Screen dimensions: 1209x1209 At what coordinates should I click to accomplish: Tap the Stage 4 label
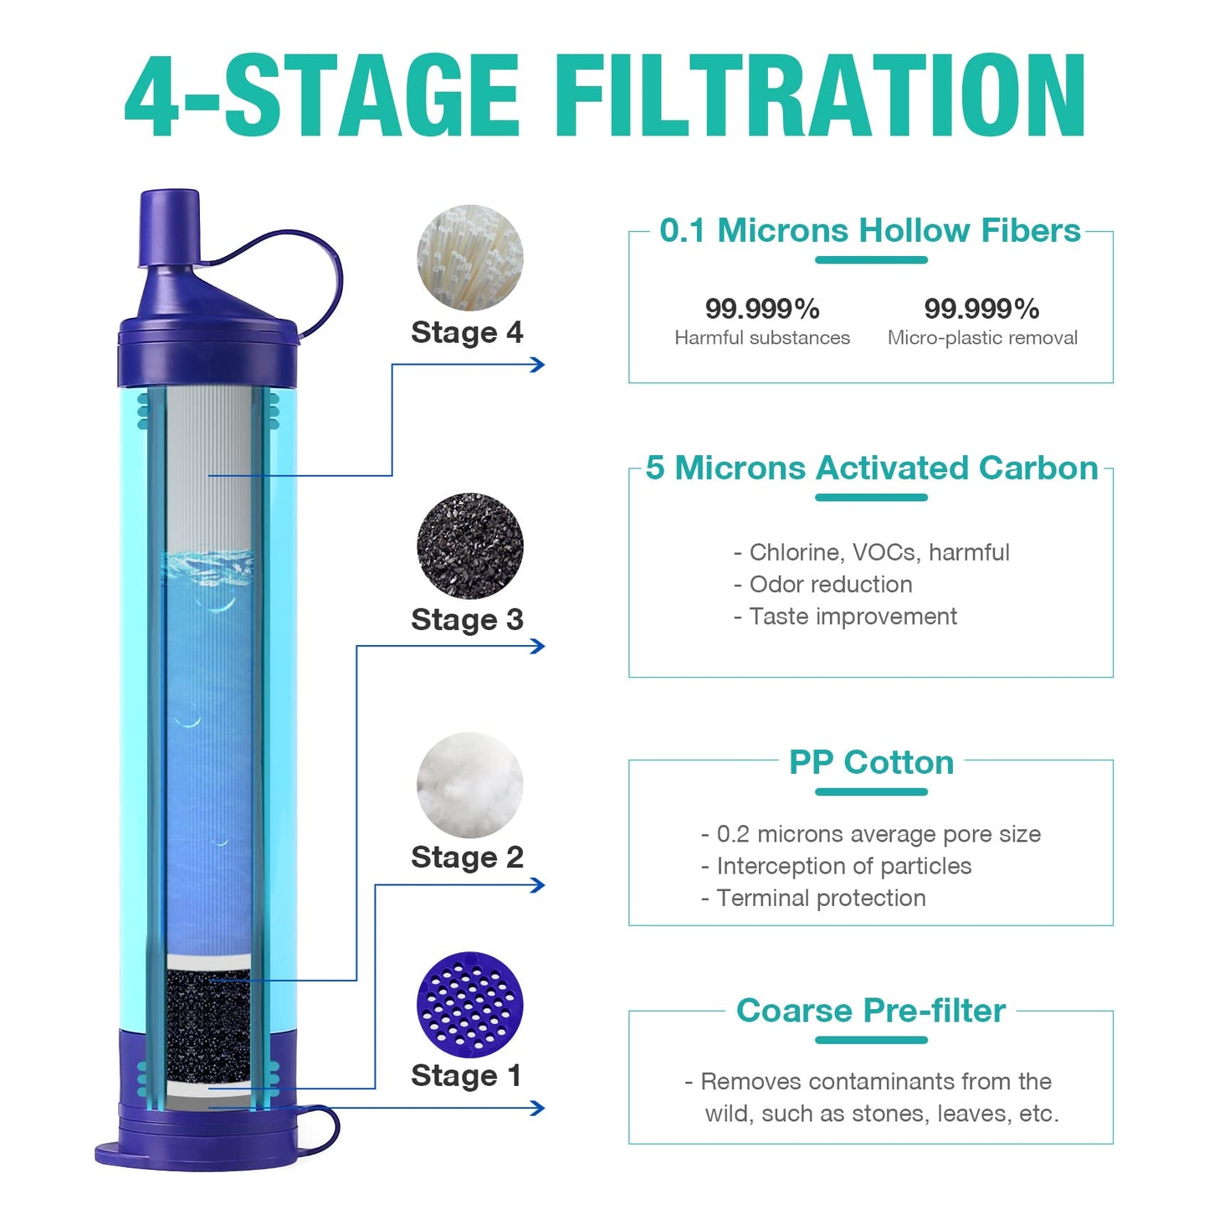467,333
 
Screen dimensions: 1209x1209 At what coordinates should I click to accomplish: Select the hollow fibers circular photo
469,258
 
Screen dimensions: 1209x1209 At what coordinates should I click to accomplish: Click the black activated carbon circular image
469,546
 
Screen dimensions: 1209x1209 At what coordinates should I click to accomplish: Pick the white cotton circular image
469,785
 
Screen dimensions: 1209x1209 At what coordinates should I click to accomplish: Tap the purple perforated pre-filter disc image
469,1003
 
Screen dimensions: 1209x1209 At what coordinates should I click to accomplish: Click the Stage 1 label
467,1076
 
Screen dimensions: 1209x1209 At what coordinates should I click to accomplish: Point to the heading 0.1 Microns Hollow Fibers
870,231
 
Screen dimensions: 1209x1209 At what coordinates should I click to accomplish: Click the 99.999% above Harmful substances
761,309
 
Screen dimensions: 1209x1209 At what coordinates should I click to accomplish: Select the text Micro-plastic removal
982,338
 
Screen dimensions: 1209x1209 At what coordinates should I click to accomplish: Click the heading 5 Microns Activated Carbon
871,469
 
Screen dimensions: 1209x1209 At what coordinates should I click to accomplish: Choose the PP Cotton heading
871,762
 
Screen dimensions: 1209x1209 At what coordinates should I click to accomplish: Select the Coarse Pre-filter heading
870,1011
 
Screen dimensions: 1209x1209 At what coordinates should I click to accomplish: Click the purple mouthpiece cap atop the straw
170,228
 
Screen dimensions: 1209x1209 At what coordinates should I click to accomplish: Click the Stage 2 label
467,858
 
